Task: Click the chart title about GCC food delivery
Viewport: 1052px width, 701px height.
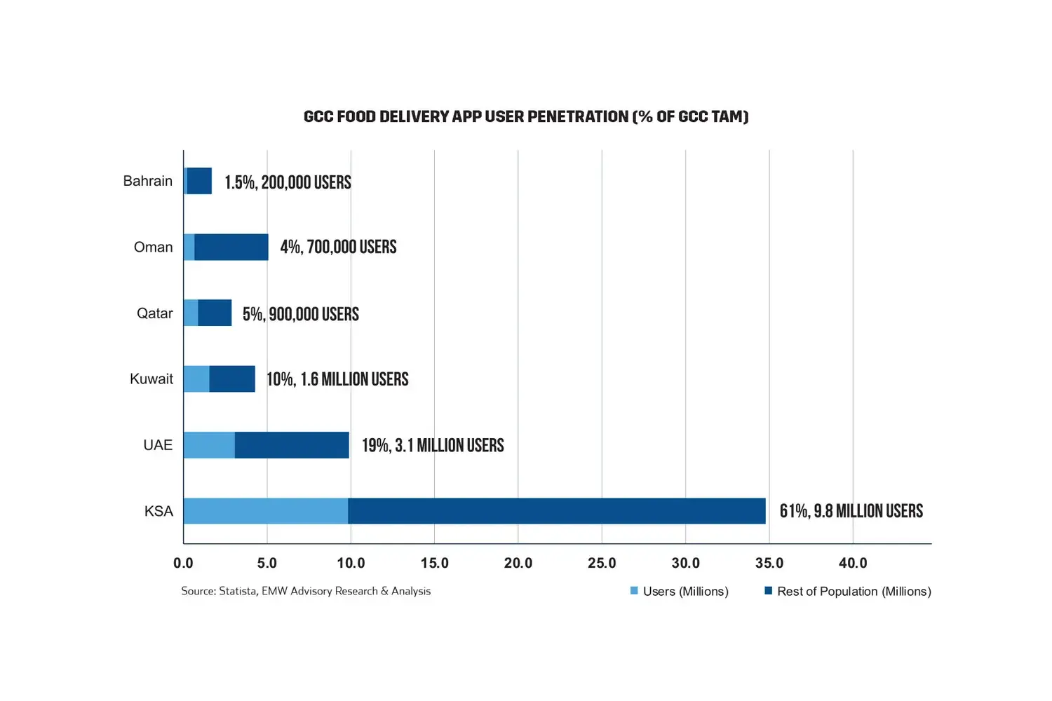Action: (526, 116)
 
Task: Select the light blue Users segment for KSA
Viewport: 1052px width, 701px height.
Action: (266, 511)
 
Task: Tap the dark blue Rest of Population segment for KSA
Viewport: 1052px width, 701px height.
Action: (556, 511)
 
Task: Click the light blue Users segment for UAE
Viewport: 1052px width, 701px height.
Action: (209, 445)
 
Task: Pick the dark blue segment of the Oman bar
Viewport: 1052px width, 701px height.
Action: (231, 247)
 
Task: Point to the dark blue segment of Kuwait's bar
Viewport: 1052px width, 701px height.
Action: (232, 379)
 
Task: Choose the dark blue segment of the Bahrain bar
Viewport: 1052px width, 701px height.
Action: (200, 181)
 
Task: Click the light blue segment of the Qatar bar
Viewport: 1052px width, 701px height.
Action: (191, 313)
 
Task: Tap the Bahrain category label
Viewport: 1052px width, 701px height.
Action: (147, 181)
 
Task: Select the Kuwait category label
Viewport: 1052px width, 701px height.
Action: (151, 379)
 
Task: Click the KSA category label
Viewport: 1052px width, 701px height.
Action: (159, 511)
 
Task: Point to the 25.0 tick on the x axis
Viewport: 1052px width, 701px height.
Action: (602, 563)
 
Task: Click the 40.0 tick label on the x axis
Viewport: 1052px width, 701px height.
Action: (853, 563)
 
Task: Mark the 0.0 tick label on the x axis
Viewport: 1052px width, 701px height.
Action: (183, 563)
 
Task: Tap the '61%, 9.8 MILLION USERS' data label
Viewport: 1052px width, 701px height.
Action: (851, 511)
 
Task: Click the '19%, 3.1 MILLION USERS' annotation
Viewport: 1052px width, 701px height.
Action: (433, 445)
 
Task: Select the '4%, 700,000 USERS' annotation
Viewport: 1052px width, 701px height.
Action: (338, 247)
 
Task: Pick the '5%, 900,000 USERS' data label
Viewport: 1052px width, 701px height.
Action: (301, 313)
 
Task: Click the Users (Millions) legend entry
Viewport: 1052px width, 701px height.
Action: (685, 592)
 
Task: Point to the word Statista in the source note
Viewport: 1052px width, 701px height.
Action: (238, 591)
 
